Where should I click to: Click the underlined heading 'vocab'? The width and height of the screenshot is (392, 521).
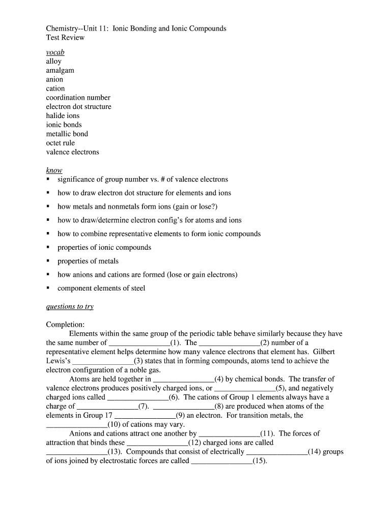[55, 52]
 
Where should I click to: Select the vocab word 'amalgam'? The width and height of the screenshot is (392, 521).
[60, 70]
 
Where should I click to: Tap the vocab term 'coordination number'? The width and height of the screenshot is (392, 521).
[78, 97]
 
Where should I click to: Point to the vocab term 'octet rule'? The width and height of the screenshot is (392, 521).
[60, 143]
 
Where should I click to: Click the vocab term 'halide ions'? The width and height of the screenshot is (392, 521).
[63, 115]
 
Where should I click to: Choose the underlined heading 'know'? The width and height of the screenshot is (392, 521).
[54, 170]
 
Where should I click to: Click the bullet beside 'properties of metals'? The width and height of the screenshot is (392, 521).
[48, 261]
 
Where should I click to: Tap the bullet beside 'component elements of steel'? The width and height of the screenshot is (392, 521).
[48, 288]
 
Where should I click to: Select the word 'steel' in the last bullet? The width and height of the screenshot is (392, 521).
[136, 288]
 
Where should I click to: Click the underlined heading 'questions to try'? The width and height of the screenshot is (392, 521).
[70, 307]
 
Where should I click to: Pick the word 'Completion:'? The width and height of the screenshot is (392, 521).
[65, 325]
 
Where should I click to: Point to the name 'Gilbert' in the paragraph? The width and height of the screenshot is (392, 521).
[324, 352]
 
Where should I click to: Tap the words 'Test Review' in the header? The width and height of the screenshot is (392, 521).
[65, 38]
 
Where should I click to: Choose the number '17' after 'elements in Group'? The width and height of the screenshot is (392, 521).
[108, 415]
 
